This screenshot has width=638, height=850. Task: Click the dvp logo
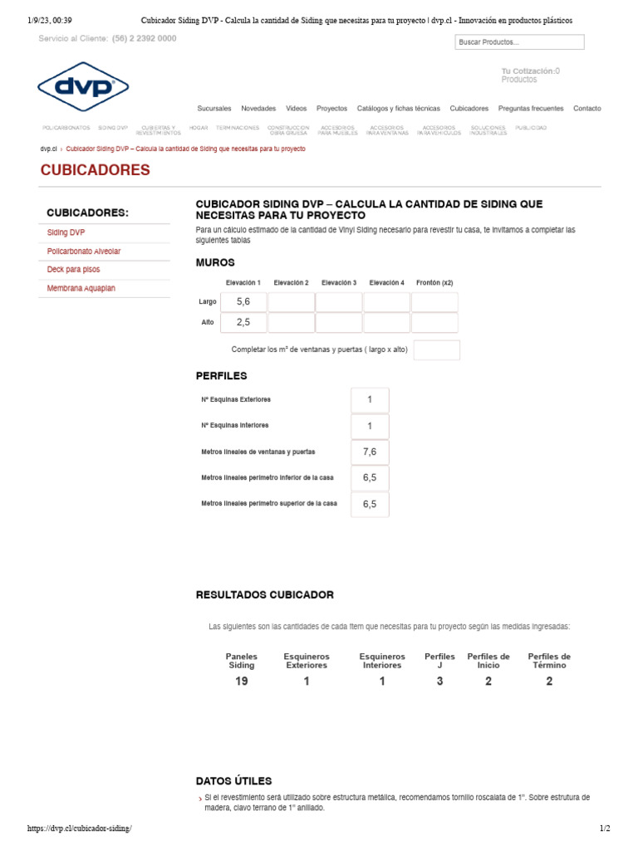pos(82,86)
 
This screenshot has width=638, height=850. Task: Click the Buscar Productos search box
pos(519,42)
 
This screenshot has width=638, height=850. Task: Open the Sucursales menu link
pos(214,109)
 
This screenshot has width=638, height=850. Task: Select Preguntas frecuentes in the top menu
pos(530,109)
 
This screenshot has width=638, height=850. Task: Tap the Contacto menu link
pos(586,109)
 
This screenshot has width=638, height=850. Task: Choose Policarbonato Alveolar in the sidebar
pos(84,251)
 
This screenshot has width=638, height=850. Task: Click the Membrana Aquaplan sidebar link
pos(81,288)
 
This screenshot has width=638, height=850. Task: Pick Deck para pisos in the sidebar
pos(74,270)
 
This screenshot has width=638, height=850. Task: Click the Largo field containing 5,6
pos(243,302)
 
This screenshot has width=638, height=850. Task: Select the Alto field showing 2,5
pos(243,323)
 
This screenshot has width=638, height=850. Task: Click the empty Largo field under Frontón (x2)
pos(434,302)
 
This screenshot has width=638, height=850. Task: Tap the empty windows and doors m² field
pos(436,350)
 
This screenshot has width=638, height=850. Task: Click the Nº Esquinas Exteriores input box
pos(370,400)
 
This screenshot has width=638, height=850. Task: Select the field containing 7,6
pos(370,452)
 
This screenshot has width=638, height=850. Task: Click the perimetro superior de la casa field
pos(370,504)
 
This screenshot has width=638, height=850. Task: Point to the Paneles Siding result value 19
pos(242,681)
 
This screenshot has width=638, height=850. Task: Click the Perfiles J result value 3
pos(439,681)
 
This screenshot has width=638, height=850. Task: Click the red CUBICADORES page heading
pos(96,170)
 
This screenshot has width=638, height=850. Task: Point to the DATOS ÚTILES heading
pos(233,781)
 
